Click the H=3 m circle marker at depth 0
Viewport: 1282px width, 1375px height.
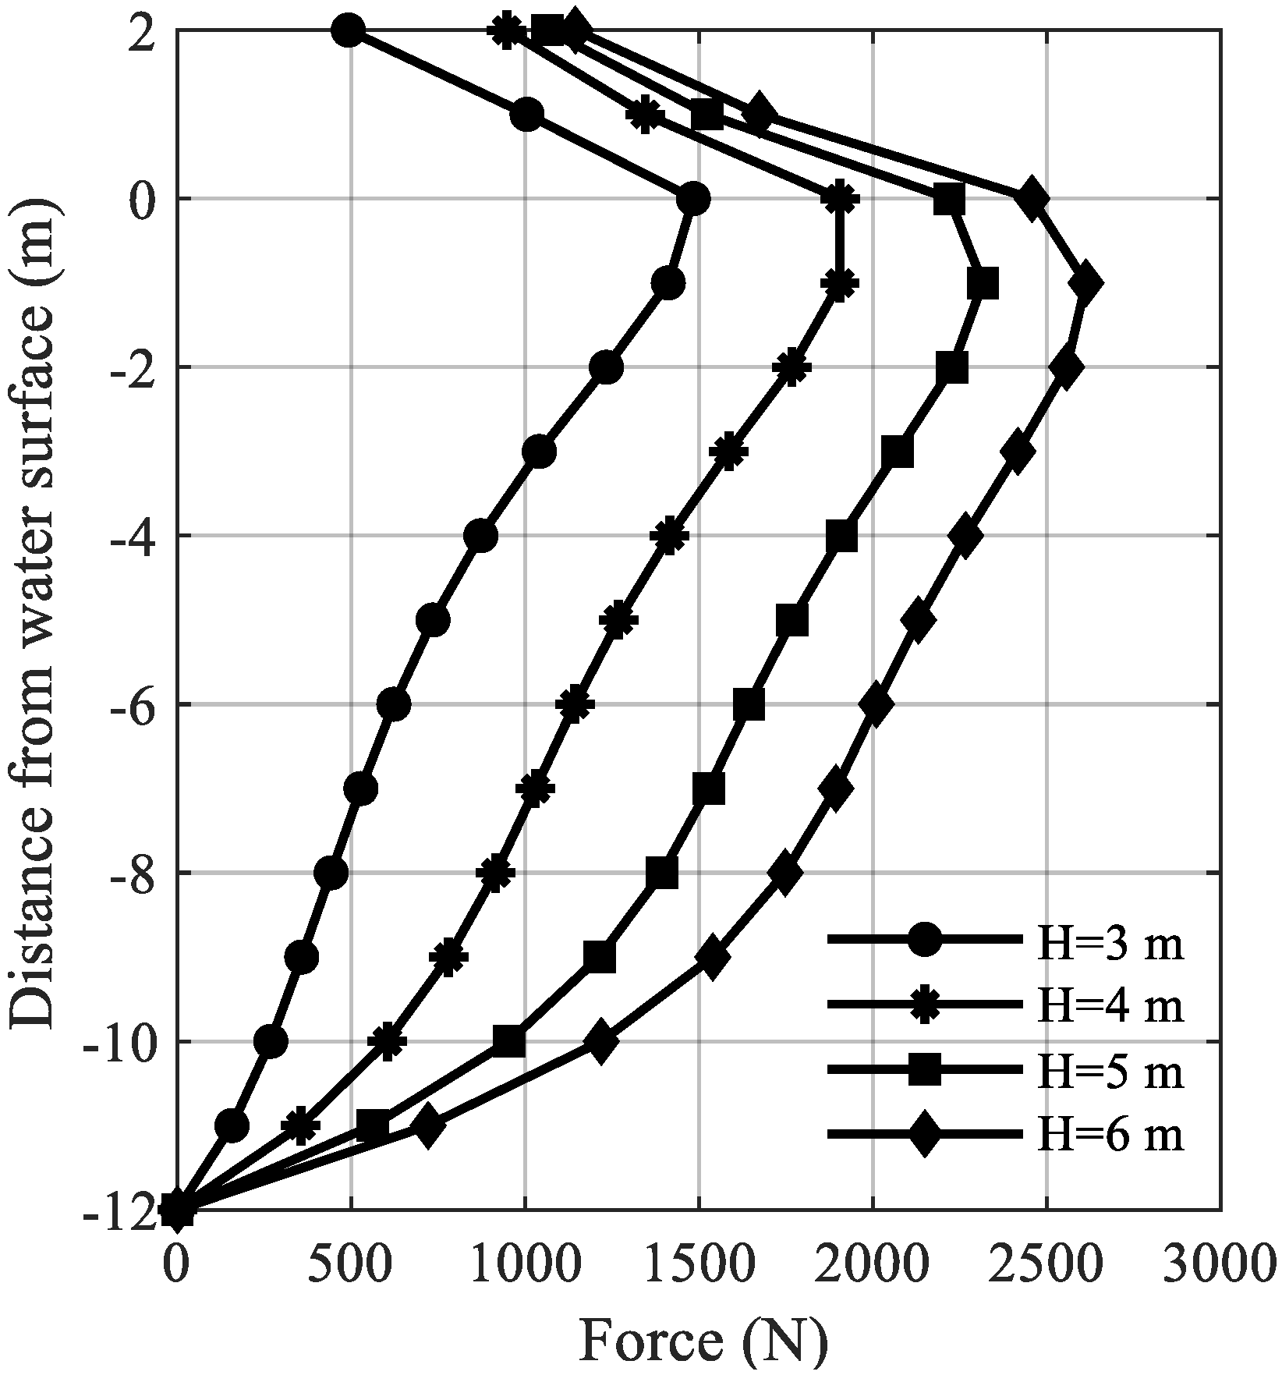[x=692, y=199]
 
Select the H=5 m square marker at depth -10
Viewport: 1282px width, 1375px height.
[x=508, y=1041]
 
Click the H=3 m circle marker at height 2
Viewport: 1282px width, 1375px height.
[x=348, y=30]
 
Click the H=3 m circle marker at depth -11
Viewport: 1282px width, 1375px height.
[x=232, y=1125]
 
